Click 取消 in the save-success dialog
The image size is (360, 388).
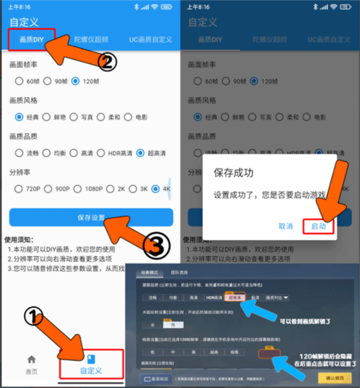coord(286,226)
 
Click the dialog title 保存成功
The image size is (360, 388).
coord(233,173)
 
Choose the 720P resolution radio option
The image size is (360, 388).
coord(19,189)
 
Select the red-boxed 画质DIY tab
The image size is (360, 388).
coord(31,39)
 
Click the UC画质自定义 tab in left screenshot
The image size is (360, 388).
coord(150,39)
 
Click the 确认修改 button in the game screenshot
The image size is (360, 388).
coord(330,376)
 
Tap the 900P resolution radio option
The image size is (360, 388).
coord(49,189)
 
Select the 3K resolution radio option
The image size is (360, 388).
coord(131,189)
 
